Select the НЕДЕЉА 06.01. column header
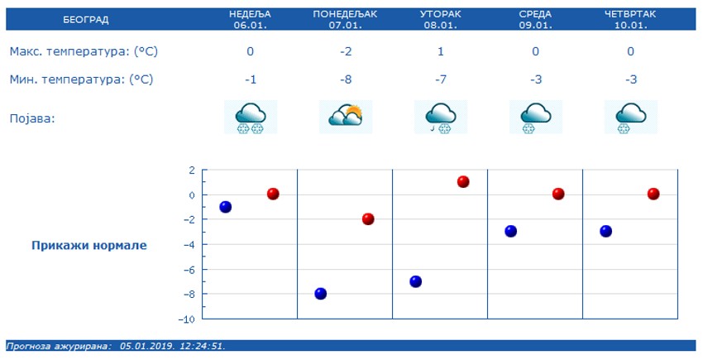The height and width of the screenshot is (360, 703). (x=251, y=19)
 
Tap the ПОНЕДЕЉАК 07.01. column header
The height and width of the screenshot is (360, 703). (x=346, y=19)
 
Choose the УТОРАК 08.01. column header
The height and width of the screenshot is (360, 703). (x=441, y=19)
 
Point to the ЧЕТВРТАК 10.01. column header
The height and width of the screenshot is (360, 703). (x=631, y=19)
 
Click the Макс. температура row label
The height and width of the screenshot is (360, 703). (x=84, y=51)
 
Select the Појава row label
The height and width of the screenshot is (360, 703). (x=32, y=118)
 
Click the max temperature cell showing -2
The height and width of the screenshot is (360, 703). (x=346, y=51)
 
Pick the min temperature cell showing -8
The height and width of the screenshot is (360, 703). (x=346, y=79)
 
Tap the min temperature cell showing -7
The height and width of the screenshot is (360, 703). (x=441, y=79)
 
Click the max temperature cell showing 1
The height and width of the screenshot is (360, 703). (x=441, y=51)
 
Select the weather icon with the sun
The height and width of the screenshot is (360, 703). (x=346, y=117)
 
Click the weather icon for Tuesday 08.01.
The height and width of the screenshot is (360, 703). (x=441, y=117)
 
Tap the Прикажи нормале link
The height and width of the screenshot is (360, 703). (x=89, y=245)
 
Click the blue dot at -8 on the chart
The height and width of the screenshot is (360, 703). (x=321, y=293)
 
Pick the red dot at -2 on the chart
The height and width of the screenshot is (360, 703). (x=368, y=219)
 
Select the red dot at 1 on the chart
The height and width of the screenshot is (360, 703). (x=463, y=181)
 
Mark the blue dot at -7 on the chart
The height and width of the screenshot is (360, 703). (x=416, y=281)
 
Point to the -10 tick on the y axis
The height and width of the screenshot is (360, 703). (x=188, y=319)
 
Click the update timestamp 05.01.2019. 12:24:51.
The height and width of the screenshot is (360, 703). (x=172, y=346)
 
